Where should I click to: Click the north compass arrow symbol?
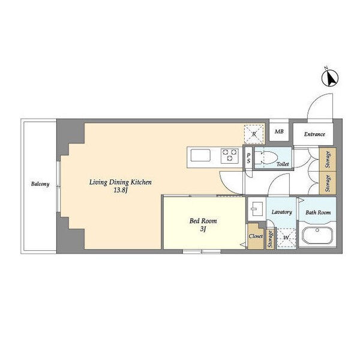click(x=330, y=78)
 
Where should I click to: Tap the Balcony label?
click(x=40, y=184)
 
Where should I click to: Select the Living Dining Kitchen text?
click(x=121, y=182)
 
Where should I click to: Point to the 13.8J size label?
click(x=121, y=190)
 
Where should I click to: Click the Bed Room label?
click(x=203, y=221)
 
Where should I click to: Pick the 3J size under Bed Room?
click(x=203, y=229)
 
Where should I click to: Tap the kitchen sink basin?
click(x=200, y=155)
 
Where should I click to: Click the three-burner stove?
click(x=230, y=156)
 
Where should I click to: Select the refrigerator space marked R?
click(x=254, y=134)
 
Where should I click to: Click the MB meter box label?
click(x=279, y=131)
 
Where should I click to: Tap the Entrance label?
click(x=314, y=134)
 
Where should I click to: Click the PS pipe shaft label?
click(x=248, y=158)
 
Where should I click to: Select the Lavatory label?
click(x=282, y=212)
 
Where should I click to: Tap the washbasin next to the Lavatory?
click(x=257, y=209)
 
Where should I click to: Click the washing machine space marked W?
click(x=286, y=238)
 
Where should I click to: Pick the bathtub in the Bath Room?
click(x=317, y=236)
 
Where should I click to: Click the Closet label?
click(x=256, y=236)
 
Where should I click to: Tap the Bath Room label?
click(x=318, y=212)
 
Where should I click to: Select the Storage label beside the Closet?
click(x=270, y=239)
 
